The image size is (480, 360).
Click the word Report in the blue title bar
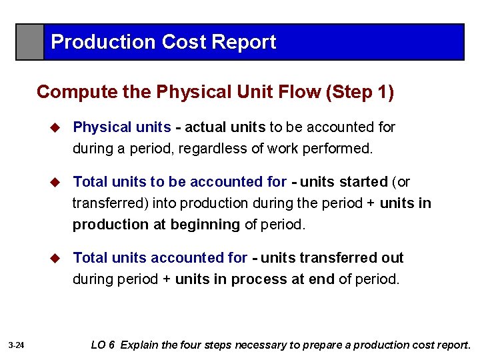[243, 42]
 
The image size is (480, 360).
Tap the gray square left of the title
[31, 42]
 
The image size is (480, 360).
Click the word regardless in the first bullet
[215, 149]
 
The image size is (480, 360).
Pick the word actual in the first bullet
[206, 127]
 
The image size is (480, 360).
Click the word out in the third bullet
[393, 258]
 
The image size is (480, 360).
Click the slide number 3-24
[17, 345]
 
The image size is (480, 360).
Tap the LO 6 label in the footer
[103, 345]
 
